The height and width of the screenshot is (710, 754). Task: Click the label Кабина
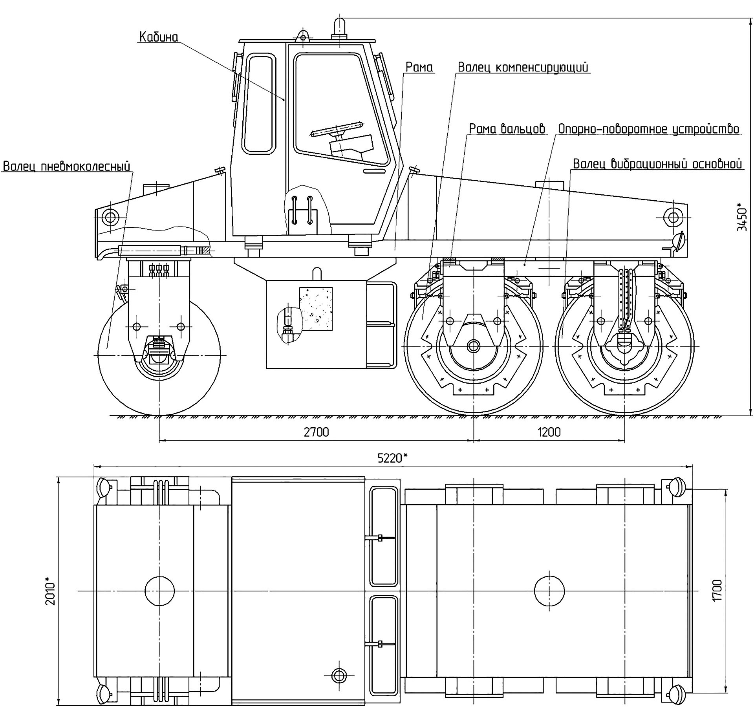(159, 37)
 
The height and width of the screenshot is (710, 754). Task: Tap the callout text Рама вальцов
(507, 129)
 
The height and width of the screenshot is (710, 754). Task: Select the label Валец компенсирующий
(523, 67)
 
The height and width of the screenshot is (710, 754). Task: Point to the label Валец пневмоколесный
(66, 167)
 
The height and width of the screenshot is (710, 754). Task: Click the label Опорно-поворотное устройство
(649, 129)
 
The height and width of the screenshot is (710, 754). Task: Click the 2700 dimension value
(316, 432)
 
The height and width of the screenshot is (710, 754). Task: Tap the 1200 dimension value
(549, 432)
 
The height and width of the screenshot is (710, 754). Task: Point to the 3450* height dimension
(741, 217)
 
